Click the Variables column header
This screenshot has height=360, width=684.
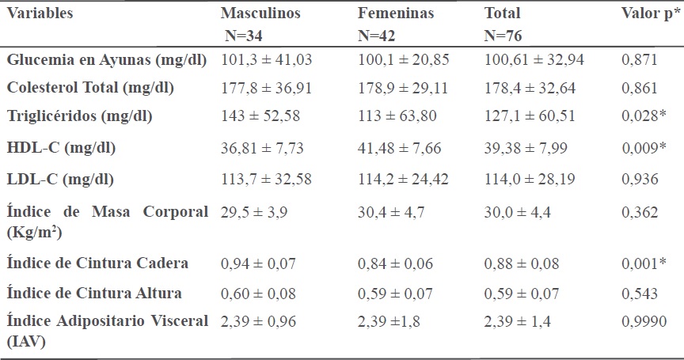40,13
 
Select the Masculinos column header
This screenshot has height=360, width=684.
259,13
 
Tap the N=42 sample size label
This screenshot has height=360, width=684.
380,36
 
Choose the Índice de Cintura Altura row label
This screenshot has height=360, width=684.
94,293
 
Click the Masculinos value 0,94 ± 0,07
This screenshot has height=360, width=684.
257,262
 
